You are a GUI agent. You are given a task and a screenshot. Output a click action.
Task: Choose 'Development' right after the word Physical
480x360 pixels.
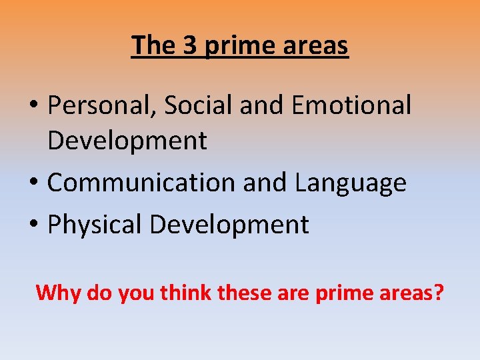pyautogui.click(x=229, y=225)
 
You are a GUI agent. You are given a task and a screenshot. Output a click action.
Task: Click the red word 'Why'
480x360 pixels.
pyautogui.click(x=59, y=293)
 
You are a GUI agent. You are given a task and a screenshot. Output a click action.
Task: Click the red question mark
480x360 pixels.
pyautogui.click(x=438, y=292)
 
